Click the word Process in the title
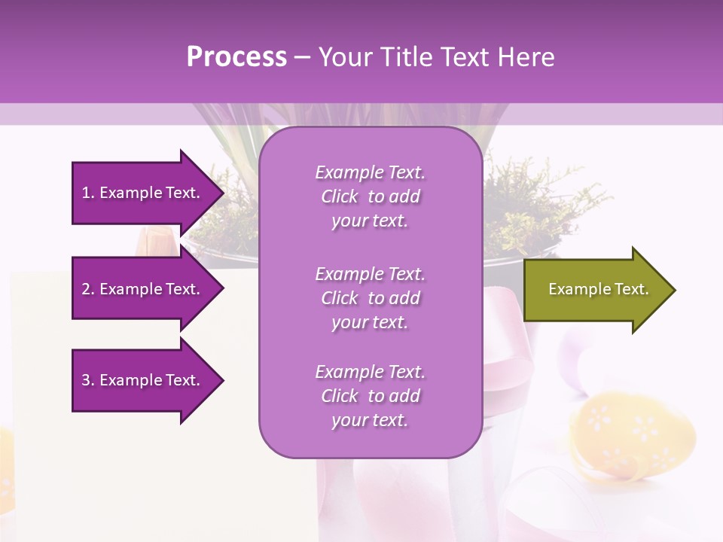[236, 57]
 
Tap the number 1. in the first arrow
[87, 193]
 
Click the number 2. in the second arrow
[87, 289]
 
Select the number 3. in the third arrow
[87, 380]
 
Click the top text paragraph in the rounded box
[370, 196]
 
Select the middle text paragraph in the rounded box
[370, 298]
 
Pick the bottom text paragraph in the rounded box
[370, 396]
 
